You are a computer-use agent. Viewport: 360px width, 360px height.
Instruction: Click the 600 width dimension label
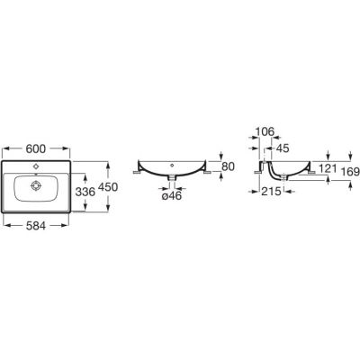[36, 148]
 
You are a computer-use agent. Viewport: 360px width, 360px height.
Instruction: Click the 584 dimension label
[36, 226]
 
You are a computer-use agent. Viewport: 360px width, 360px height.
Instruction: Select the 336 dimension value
[85, 192]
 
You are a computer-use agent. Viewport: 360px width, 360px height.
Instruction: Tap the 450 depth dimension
[108, 187]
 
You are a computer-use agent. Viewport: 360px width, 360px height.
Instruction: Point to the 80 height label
[228, 166]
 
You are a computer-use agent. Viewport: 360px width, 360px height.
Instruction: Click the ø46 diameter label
[172, 196]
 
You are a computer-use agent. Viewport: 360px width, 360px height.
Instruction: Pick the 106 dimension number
[265, 131]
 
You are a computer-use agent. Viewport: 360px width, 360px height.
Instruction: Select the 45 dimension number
[282, 148]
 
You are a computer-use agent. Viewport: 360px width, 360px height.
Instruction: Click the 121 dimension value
[328, 169]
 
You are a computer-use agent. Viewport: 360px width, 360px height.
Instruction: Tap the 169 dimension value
[351, 172]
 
